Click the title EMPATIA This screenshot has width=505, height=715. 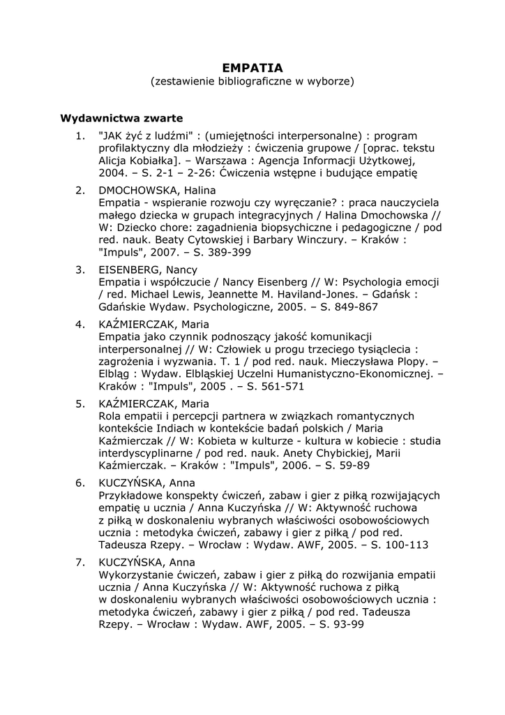point(252,68)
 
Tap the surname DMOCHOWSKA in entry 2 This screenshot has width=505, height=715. point(135,190)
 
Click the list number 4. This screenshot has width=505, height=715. point(80,324)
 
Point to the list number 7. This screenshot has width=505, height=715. point(80,562)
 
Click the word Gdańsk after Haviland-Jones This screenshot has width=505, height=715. point(391,295)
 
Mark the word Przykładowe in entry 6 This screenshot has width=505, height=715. point(133,495)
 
